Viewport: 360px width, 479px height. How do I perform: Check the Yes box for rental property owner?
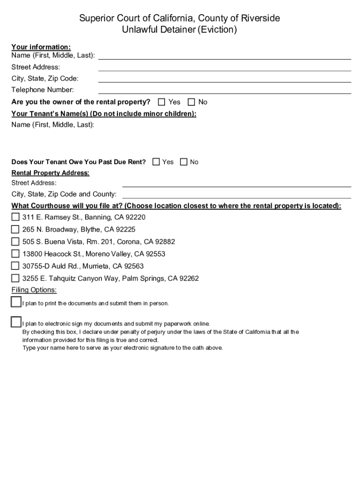coord(162,102)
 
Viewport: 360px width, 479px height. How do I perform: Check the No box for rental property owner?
coord(191,102)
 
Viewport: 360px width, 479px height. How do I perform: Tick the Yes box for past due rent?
coord(156,162)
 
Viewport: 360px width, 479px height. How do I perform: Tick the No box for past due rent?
coord(184,162)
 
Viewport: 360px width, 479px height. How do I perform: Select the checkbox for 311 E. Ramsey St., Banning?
coord(15,217)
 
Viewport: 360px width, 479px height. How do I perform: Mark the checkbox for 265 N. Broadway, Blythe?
coord(15,229)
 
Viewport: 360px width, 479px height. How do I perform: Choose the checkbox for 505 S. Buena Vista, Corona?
coord(15,241)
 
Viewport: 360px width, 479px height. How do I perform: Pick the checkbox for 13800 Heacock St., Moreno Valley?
coord(15,254)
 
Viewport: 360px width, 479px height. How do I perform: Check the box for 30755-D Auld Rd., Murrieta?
coord(15,266)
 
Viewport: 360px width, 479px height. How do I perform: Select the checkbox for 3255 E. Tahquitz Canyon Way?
coord(15,278)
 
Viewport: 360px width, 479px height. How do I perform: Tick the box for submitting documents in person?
coord(16,302)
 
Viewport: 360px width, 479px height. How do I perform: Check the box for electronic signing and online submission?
coord(16,322)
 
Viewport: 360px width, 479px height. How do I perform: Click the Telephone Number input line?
coord(224,90)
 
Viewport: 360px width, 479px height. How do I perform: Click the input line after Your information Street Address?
coord(224,67)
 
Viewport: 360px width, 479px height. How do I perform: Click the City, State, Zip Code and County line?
coord(236,194)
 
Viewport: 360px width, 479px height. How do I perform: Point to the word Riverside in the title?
coord(260,18)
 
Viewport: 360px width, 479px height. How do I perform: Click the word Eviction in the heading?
coord(217,30)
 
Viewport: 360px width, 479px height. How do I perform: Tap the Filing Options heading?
coord(34,290)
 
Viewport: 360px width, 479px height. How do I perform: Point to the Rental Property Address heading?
coord(50,173)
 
